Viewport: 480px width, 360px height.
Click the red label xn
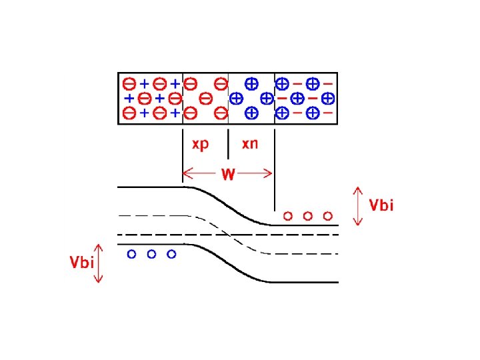coord(250,144)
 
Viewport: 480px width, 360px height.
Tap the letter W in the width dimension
coord(228,175)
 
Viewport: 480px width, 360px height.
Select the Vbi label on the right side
coord(381,205)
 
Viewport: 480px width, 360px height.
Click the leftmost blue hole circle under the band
coord(131,254)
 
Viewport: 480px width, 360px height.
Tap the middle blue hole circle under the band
coord(151,254)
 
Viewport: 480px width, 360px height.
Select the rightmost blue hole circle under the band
coord(171,254)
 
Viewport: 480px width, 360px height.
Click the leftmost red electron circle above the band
coord(287,215)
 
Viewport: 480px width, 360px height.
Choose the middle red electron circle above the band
coord(307,215)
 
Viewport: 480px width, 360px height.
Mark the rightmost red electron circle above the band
coord(327,215)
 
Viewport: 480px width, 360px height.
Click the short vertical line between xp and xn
coord(228,143)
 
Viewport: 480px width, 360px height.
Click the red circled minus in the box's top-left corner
coord(129,85)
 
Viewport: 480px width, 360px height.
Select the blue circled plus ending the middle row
coord(327,99)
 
